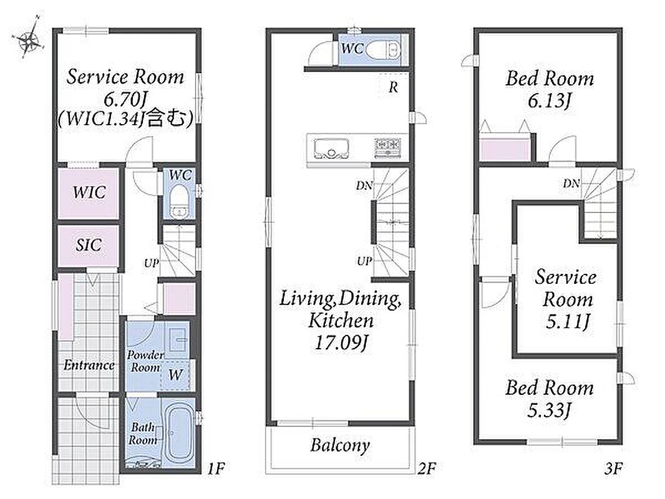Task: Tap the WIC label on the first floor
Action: [x=89, y=193]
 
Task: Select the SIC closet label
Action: [x=89, y=245]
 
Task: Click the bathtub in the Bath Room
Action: [x=179, y=435]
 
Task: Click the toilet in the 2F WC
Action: [x=382, y=51]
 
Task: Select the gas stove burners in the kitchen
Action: [x=387, y=147]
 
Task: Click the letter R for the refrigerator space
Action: [x=394, y=87]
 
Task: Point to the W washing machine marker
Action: [x=175, y=375]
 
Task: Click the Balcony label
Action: [x=340, y=445]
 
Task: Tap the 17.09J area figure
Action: [x=341, y=342]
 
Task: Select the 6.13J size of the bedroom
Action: [x=550, y=101]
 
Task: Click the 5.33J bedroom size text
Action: [x=550, y=410]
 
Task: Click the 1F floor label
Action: [x=216, y=468]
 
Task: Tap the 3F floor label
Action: [x=613, y=468]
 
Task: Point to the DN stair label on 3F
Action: [x=571, y=183]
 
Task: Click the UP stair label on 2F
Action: [x=364, y=261]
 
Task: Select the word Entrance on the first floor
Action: [x=89, y=365]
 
